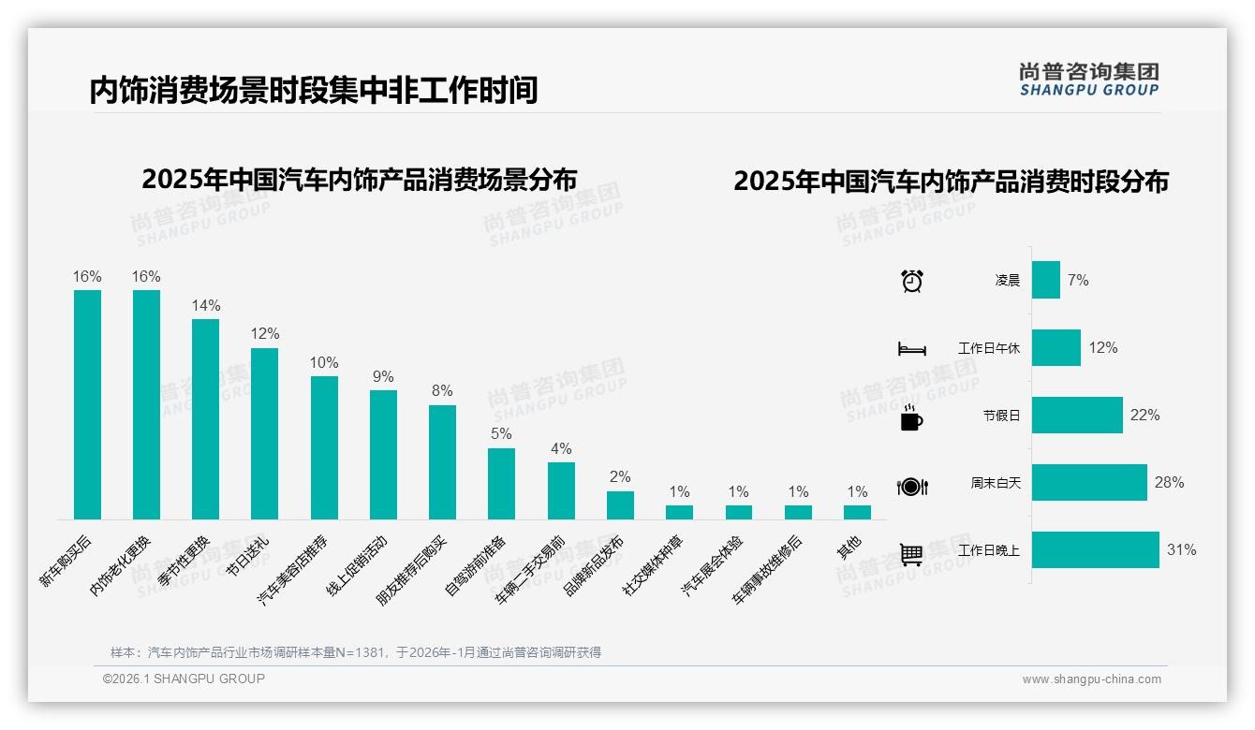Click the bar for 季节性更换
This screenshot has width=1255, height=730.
(205, 419)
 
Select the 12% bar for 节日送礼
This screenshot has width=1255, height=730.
(264, 433)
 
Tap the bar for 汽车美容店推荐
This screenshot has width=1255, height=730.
(324, 447)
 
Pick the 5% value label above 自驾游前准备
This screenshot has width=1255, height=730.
(501, 434)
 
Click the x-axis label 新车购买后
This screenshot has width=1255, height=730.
(65, 562)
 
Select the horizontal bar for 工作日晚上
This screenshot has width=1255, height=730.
(1095, 549)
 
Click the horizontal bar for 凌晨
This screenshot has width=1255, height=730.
(1045, 280)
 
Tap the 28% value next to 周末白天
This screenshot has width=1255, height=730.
(1169, 483)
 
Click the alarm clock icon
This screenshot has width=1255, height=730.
(912, 281)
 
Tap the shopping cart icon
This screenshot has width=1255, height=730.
(911, 554)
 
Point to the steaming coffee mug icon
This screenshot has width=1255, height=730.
(911, 417)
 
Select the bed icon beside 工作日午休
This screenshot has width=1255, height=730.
(911, 349)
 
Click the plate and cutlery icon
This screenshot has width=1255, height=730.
(911, 486)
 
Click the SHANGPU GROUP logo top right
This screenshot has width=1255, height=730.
(1088, 80)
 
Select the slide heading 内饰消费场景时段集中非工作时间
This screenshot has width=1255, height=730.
(313, 90)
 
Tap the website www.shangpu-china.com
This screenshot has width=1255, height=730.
(1091, 679)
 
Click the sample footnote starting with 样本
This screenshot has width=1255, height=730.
(356, 652)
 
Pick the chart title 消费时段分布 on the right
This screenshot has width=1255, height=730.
(951, 181)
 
